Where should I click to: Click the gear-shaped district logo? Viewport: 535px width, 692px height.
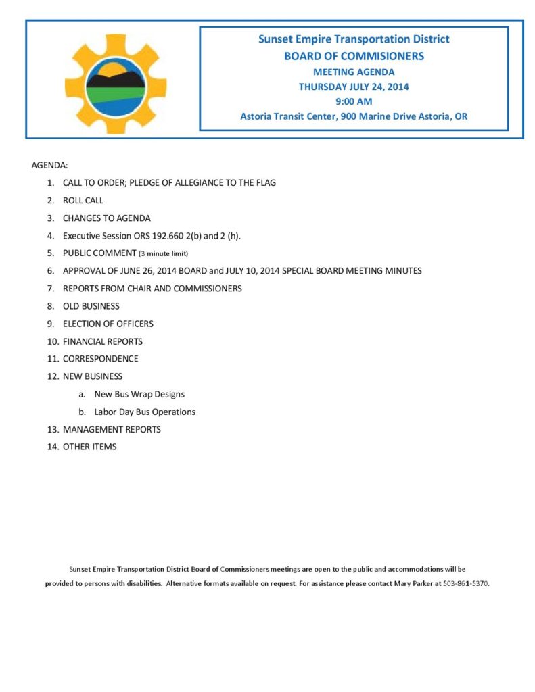click(106, 84)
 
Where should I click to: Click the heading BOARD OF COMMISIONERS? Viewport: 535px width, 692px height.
click(354, 56)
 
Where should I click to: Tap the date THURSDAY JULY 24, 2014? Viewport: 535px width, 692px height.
click(354, 86)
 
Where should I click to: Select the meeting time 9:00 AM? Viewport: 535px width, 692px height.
click(354, 101)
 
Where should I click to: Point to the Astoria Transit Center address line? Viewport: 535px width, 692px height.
click(354, 116)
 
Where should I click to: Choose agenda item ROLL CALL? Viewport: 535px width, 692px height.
click(83, 201)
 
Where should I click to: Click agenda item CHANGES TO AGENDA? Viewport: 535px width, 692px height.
click(107, 218)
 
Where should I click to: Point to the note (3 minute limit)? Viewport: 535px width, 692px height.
click(163, 254)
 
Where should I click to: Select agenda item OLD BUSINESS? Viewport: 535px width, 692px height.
click(91, 306)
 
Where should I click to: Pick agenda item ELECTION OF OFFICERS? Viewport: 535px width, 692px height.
click(108, 324)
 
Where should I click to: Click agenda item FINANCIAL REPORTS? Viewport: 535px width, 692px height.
click(103, 341)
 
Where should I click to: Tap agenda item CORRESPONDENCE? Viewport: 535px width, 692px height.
click(100, 359)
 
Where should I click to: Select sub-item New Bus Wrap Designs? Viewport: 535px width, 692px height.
click(139, 394)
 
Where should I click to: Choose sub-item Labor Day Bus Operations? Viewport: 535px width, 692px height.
click(145, 412)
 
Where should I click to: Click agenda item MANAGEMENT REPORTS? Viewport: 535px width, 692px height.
click(112, 429)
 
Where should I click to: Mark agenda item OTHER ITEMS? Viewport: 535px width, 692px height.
click(89, 447)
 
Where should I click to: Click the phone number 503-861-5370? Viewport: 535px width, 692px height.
click(466, 583)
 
